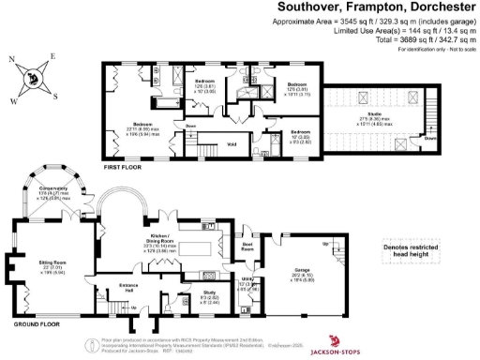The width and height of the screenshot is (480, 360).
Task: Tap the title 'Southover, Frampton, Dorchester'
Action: pos(375,7)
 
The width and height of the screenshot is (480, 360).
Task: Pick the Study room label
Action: pos(185,298)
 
